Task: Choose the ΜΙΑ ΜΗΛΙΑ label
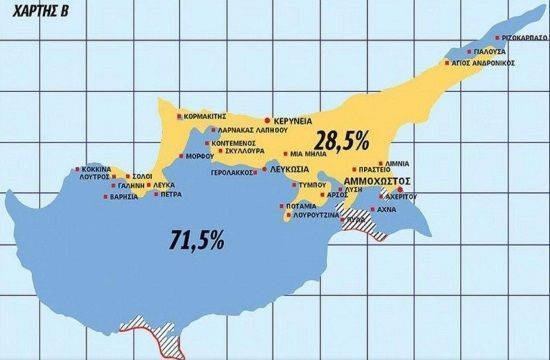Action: tap(309, 155)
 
